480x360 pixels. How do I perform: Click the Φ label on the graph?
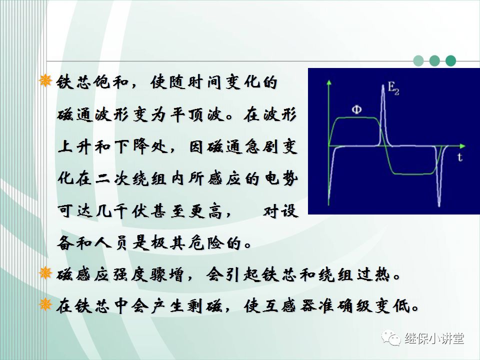[355, 109]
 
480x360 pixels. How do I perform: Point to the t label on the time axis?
[458, 157]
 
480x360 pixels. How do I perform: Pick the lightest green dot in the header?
[418, 61]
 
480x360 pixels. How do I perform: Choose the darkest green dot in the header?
[451, 61]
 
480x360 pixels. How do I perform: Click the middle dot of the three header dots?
[434, 61]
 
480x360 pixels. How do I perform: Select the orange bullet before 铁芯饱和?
[45, 81]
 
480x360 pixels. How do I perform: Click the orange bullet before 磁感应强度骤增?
[45, 273]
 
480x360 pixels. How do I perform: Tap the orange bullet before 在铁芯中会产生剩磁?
[45, 304]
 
